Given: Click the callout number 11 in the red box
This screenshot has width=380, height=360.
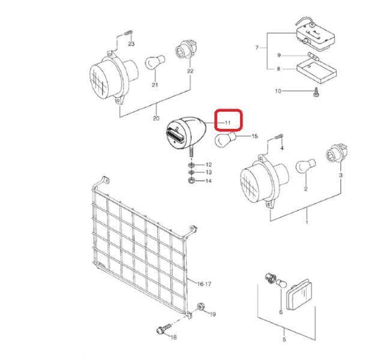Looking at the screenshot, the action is pyautogui.click(x=228, y=123).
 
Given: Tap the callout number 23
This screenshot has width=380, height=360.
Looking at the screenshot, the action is pyautogui.click(x=131, y=44).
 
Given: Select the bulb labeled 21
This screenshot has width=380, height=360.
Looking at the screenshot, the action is pyautogui.click(x=155, y=62).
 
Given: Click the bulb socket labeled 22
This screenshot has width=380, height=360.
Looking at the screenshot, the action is pyautogui.click(x=186, y=50).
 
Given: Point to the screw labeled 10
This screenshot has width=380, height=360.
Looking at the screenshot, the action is pyautogui.click(x=316, y=92).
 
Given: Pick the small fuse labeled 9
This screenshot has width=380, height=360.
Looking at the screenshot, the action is pyautogui.click(x=313, y=56).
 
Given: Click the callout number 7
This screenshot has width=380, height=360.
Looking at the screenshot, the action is pyautogui.click(x=257, y=47).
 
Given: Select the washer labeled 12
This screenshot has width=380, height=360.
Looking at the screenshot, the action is pyautogui.click(x=192, y=165).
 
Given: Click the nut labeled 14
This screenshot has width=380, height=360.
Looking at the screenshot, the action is pyautogui.click(x=192, y=180).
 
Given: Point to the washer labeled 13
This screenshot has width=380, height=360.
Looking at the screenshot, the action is pyautogui.click(x=192, y=172).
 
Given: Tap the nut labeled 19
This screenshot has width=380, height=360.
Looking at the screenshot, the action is pyautogui.click(x=201, y=307).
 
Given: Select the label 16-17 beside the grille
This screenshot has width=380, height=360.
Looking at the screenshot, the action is pyautogui.click(x=204, y=284).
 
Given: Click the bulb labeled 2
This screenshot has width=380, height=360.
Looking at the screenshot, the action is pyautogui.click(x=306, y=166).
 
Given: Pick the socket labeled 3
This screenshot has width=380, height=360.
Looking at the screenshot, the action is pyautogui.click(x=337, y=153).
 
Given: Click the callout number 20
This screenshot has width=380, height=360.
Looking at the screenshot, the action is pyautogui.click(x=156, y=118).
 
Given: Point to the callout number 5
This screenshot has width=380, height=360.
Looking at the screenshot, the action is pyautogui.click(x=284, y=340).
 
